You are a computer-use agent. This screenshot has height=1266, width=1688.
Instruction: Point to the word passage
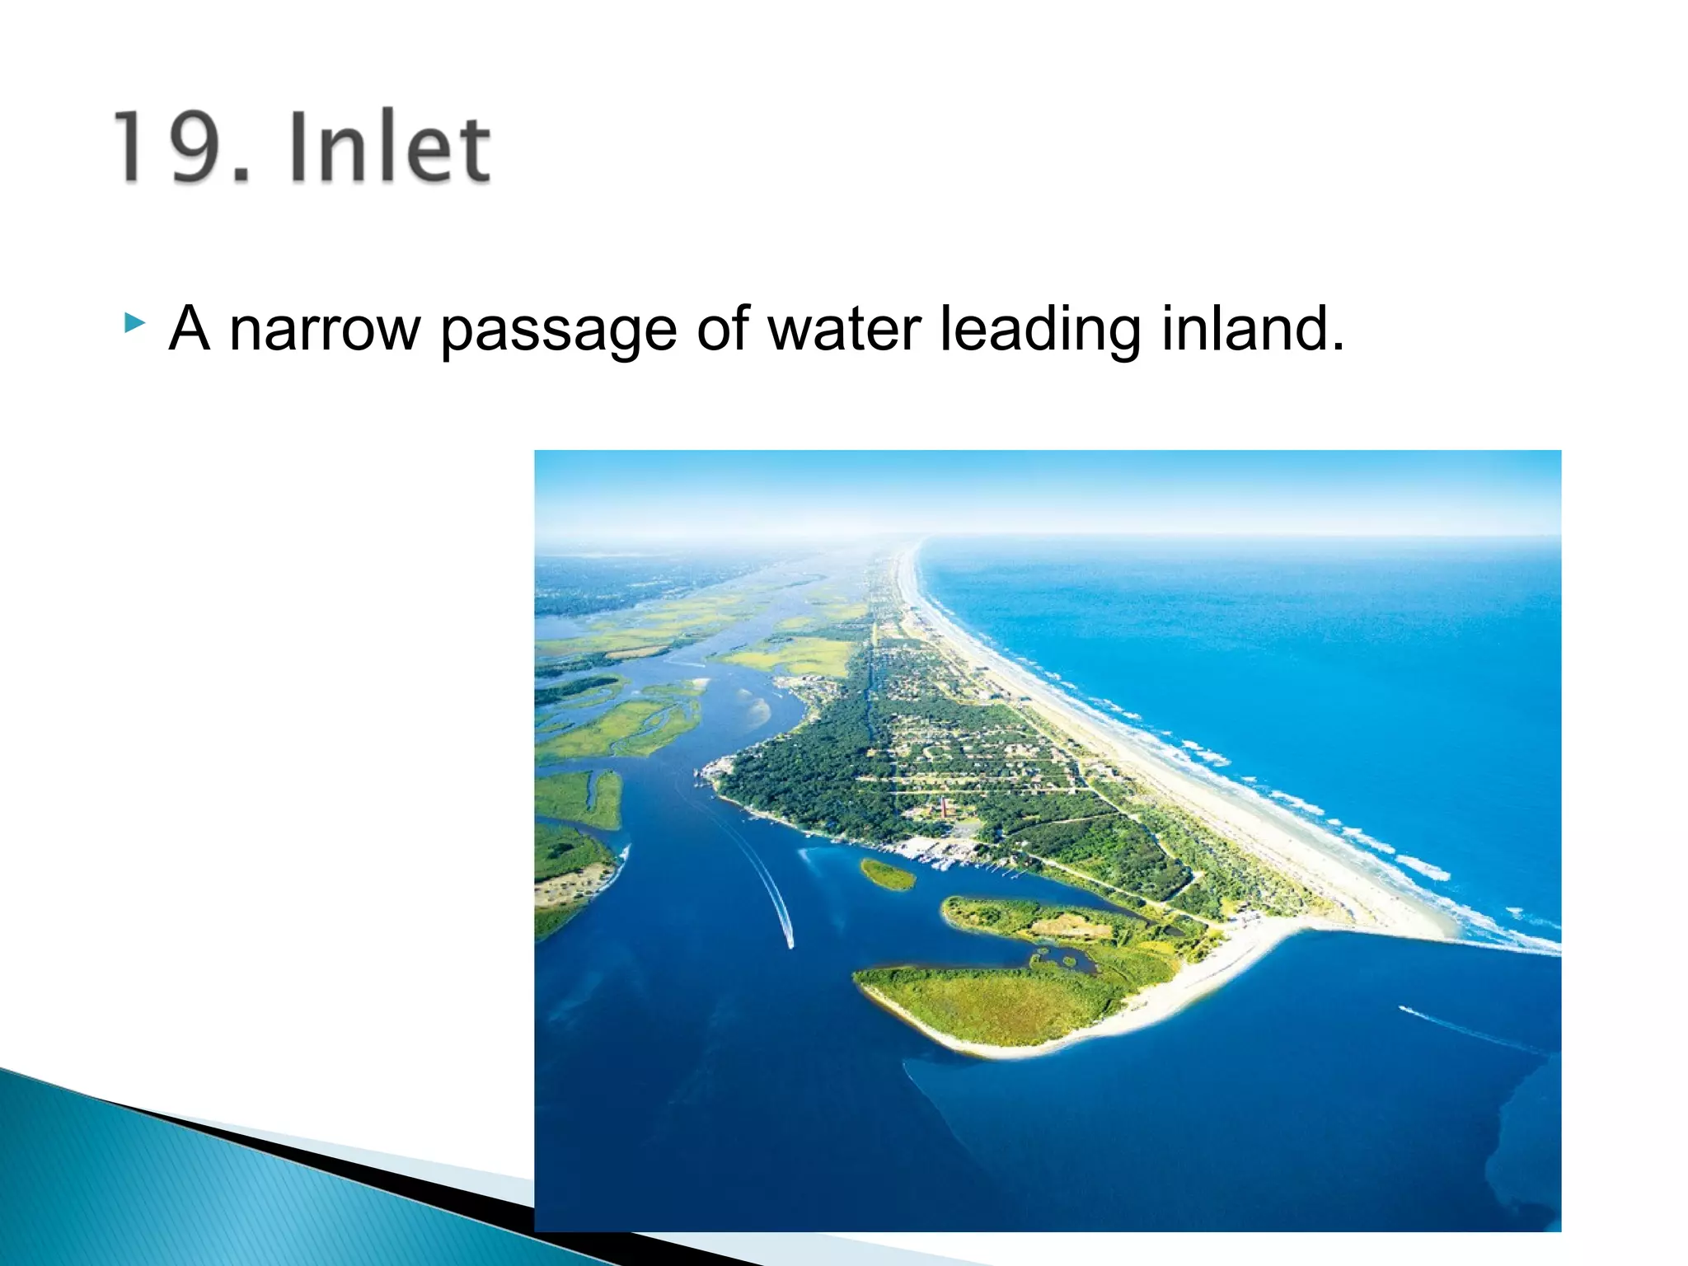[x=557, y=330]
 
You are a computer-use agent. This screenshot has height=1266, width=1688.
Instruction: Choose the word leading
[x=1039, y=330]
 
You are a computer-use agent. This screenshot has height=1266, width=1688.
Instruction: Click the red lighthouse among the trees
[x=944, y=806]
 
